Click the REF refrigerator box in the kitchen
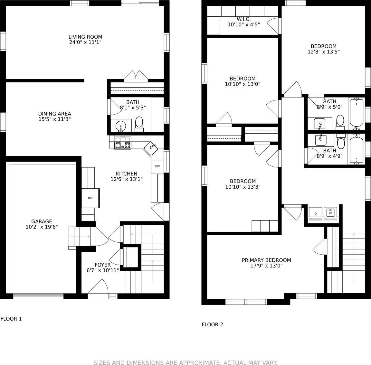tap(91, 198)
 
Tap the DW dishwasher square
tap(157, 166)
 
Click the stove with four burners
tap(123, 143)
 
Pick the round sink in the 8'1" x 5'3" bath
tap(121, 126)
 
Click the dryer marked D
tap(315, 213)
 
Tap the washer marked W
tap(330, 213)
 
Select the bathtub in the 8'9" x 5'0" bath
tap(356, 113)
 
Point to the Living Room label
tap(85, 37)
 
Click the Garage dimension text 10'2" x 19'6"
tap(42, 227)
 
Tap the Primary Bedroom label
tap(266, 260)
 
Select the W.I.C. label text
tap(243, 19)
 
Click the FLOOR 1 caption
tap(11, 319)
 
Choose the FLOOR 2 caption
tap(212, 324)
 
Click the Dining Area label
tap(54, 114)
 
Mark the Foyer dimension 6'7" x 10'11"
tap(103, 270)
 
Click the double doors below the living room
tap(136, 76)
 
